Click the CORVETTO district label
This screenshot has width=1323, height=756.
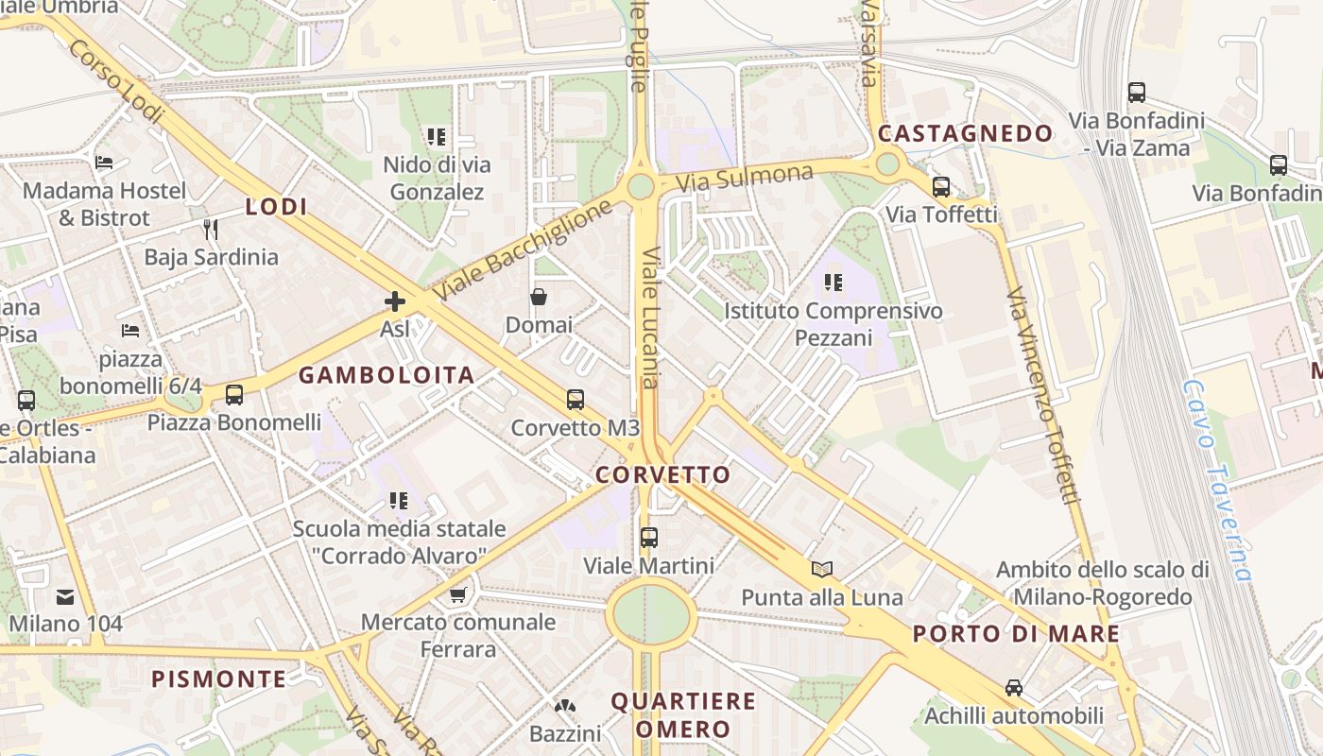coord(663,474)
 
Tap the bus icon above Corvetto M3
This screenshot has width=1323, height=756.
coord(576,400)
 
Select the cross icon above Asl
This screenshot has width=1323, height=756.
coord(395,301)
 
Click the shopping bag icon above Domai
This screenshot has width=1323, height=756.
coord(539,297)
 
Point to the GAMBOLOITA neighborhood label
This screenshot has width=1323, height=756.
coord(387,375)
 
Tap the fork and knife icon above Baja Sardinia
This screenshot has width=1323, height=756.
coord(211,229)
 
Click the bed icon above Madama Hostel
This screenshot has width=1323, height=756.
coord(104,163)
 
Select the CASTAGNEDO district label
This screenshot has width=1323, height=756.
coord(965,134)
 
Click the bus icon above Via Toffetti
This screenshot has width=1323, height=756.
coord(940,187)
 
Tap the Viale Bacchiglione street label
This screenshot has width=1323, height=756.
coord(525,249)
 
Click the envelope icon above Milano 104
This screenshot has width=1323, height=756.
coord(65,596)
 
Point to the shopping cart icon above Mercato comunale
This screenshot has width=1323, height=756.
coord(458,594)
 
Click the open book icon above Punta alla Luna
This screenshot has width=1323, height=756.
coord(822,569)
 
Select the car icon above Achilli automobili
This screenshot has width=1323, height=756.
coord(1014,687)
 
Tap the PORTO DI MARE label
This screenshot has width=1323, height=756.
coord(1016,634)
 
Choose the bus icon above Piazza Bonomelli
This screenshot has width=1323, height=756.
coord(233,395)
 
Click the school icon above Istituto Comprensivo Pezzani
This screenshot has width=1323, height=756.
coord(833,282)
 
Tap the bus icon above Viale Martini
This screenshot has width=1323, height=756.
coord(649,538)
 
